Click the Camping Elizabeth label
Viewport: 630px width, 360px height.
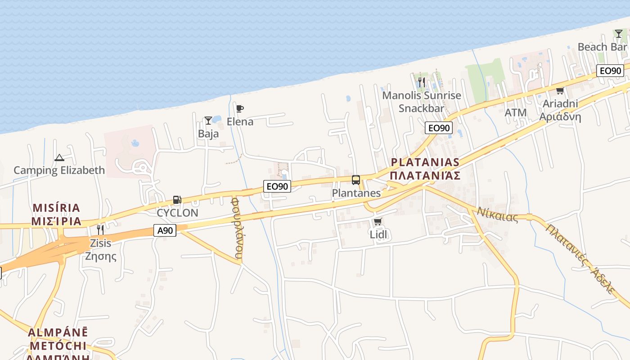[x=59, y=170]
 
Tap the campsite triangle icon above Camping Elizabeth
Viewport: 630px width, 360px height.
[x=59, y=157]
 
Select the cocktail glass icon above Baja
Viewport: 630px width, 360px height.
[x=208, y=120]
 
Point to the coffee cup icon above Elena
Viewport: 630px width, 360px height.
[x=240, y=108]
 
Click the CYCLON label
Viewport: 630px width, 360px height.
[x=177, y=213]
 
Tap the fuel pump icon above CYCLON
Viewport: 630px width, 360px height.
[x=177, y=200]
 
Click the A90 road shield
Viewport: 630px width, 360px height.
[x=165, y=230]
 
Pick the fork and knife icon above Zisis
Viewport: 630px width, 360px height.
[x=100, y=230]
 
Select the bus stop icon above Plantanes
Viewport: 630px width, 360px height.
[x=356, y=180]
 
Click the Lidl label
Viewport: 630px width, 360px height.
[x=378, y=234]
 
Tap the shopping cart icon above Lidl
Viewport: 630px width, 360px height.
[x=378, y=221]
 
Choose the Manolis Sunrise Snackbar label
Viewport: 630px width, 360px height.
[x=422, y=102]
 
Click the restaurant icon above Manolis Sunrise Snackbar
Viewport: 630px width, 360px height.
[x=422, y=82]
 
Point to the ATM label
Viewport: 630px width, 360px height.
[x=516, y=112]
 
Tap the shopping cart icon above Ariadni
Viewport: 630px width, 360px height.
[x=560, y=91]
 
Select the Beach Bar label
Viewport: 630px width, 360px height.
[x=602, y=47]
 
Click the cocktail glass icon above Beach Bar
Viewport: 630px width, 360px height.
[x=619, y=34]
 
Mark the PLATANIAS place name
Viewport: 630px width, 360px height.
[x=425, y=162]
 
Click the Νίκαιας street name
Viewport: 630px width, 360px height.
[x=498, y=214]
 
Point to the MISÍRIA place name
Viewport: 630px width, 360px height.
[x=56, y=208]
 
